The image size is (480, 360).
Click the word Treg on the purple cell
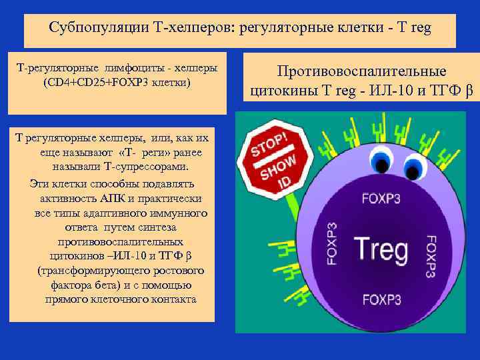point(381,248)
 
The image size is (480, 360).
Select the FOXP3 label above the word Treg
point(381,197)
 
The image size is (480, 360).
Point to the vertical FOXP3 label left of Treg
point(332,243)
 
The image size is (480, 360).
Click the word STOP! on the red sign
point(270,142)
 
